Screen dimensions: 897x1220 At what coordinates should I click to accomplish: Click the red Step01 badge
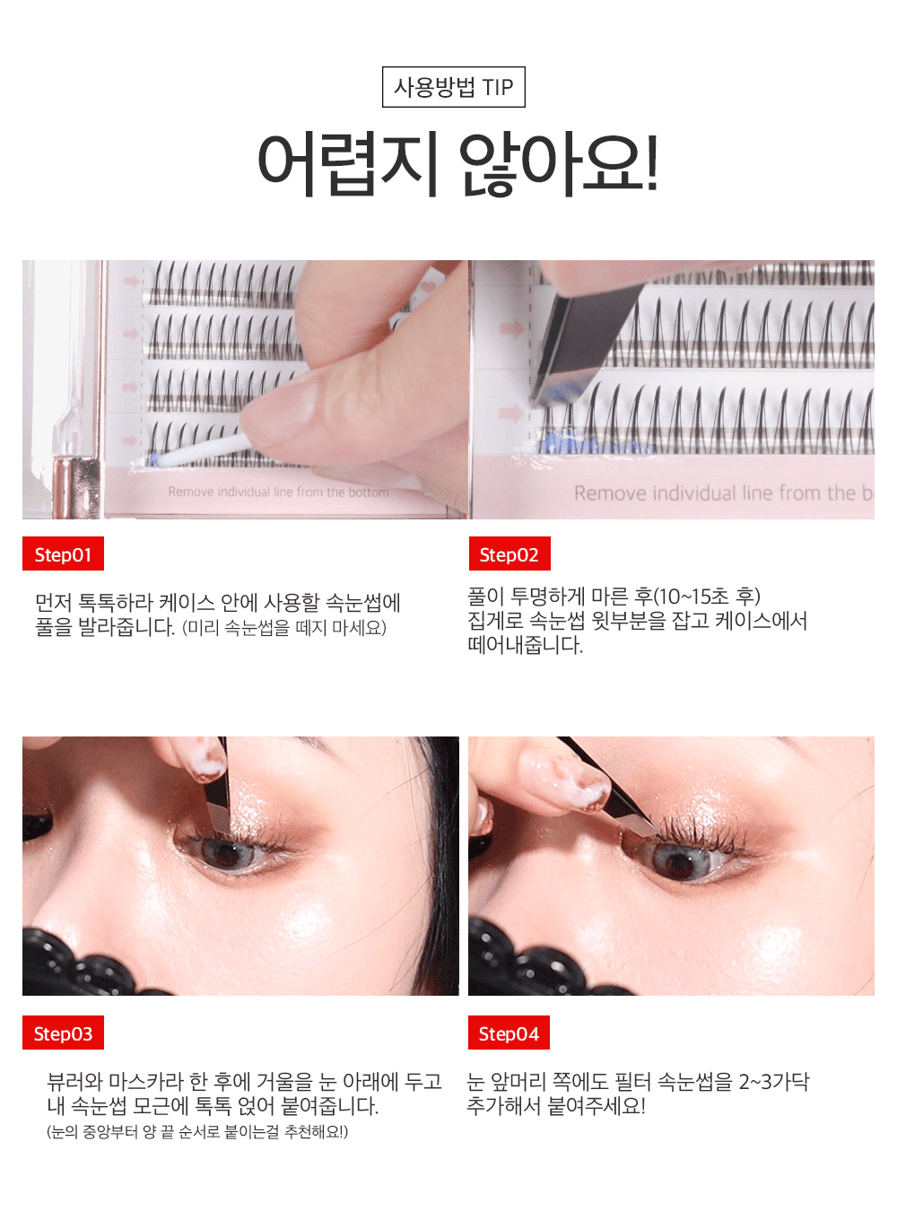click(x=63, y=553)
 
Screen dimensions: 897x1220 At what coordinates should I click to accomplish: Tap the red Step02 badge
click(x=509, y=553)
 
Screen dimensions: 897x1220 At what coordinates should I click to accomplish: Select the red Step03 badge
click(x=63, y=1033)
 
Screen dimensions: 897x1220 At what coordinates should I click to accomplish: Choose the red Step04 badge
click(x=509, y=1033)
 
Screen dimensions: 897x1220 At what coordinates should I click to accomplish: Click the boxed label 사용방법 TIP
click(x=454, y=87)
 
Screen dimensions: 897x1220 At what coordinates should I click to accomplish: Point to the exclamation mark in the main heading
click(x=652, y=163)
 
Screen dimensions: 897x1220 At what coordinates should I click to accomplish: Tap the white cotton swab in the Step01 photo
click(x=202, y=451)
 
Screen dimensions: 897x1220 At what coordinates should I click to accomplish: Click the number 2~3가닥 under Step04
click(x=774, y=1082)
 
